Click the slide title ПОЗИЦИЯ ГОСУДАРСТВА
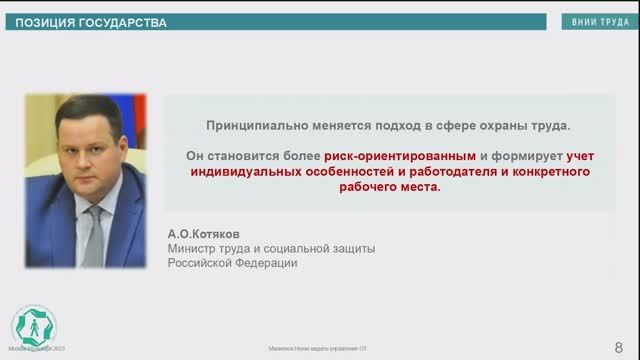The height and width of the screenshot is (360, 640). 89,22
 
